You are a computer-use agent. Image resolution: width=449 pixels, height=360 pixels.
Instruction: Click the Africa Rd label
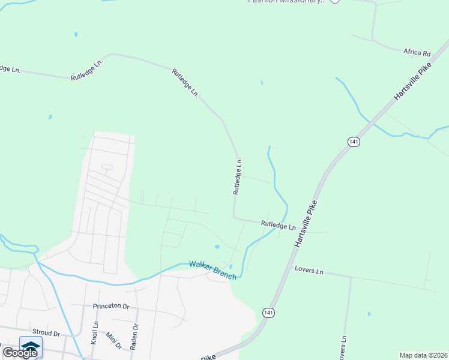(417, 52)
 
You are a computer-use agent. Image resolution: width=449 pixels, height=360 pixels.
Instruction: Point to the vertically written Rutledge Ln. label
(238, 176)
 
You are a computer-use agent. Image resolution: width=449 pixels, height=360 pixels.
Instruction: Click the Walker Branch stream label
(212, 270)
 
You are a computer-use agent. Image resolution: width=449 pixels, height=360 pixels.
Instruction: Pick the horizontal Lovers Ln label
(309, 271)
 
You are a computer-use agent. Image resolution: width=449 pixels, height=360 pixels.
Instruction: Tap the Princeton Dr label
(111, 306)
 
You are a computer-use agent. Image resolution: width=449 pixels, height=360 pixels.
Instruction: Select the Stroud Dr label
(46, 333)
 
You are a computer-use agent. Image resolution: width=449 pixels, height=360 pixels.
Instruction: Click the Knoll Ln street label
(94, 332)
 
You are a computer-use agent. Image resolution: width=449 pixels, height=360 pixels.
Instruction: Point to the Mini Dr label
(114, 341)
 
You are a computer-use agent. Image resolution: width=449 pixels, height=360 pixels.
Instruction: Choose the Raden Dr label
(136, 335)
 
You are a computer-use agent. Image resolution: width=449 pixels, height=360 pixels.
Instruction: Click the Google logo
(20, 352)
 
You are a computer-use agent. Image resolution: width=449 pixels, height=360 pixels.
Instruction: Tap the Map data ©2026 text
(423, 355)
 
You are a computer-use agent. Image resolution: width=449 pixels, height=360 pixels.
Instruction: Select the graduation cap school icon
(31, 347)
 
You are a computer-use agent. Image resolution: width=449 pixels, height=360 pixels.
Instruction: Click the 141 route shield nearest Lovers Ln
(268, 313)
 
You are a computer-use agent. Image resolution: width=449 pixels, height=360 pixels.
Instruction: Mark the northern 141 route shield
(353, 141)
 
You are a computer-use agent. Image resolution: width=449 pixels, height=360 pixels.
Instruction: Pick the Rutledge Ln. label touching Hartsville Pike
(279, 226)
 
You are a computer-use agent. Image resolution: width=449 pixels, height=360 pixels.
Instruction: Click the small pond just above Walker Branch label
(217, 247)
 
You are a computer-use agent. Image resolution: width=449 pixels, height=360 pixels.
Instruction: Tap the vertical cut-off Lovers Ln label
(343, 347)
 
